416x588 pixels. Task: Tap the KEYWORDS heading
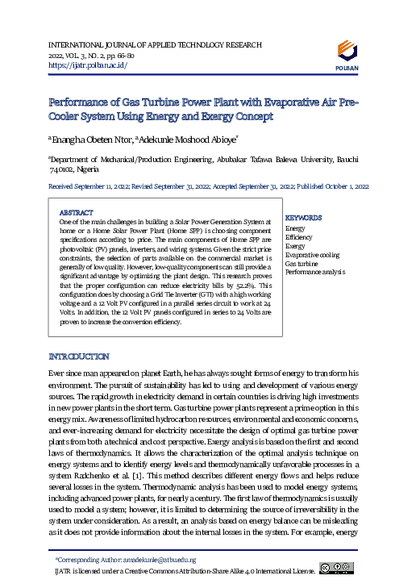coord(304,218)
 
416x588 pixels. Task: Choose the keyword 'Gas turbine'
coord(301,263)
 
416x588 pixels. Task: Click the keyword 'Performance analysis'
coord(314,272)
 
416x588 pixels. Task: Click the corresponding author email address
coord(157,559)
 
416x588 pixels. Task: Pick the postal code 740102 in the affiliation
coord(65,171)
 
